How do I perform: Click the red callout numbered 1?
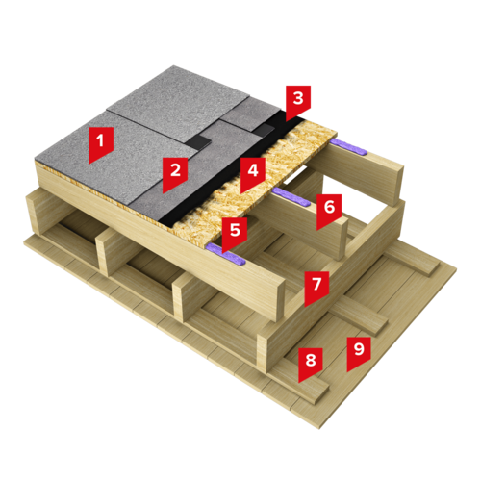point(101,144)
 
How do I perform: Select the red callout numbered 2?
point(175,174)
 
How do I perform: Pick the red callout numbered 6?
point(329,212)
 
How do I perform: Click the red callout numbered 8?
point(311,365)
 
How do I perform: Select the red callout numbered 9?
point(359,354)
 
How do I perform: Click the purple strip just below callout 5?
point(225,254)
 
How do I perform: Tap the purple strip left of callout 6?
point(291,196)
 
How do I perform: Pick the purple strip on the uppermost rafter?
point(348,147)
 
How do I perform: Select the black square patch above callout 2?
point(198,141)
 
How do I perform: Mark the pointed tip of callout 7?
point(305,308)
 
